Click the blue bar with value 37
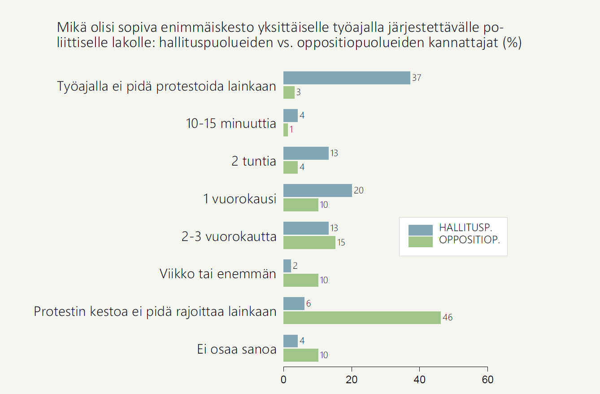click(347, 78)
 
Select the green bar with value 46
click(362, 318)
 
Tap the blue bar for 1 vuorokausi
click(317, 190)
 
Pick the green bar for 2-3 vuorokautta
click(309, 242)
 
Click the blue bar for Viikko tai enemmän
click(287, 266)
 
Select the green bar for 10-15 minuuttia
click(286, 130)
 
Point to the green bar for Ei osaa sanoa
click(300, 355)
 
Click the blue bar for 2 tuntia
click(306, 153)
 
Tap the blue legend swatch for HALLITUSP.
click(420, 230)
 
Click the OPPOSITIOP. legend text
click(470, 240)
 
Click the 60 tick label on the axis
click(487, 380)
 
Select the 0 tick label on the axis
click(284, 380)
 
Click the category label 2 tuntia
click(253, 161)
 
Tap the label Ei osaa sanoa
click(237, 349)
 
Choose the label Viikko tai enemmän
click(218, 273)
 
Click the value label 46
click(448, 318)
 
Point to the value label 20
click(358, 190)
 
